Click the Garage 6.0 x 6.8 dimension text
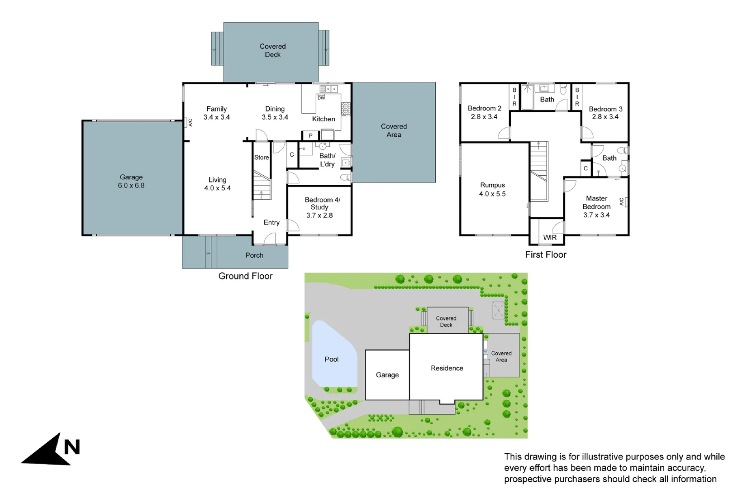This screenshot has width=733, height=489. pyautogui.click(x=131, y=186)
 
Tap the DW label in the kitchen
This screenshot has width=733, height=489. pyautogui.click(x=321, y=98)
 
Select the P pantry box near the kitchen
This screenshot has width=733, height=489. pyautogui.click(x=310, y=135)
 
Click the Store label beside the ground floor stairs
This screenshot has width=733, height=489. pyautogui.click(x=262, y=158)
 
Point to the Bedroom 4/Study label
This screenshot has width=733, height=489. pyautogui.click(x=322, y=203)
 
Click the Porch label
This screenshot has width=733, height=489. pyautogui.click(x=254, y=255)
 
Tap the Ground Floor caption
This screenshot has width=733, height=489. pyautogui.click(x=245, y=276)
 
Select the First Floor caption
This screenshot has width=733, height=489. pyautogui.click(x=546, y=255)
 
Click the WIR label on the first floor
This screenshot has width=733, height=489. pyautogui.click(x=550, y=238)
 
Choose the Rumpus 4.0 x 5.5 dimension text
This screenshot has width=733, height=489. pyautogui.click(x=492, y=194)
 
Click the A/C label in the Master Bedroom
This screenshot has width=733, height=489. pyautogui.click(x=622, y=202)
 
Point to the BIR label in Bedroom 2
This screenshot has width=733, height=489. pyautogui.click(x=514, y=97)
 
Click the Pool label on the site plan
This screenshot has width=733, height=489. pyautogui.click(x=331, y=360)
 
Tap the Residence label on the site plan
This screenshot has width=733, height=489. pyautogui.click(x=447, y=369)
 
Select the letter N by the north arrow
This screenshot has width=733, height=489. pyautogui.click(x=72, y=447)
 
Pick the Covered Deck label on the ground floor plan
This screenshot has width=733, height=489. pyautogui.click(x=272, y=50)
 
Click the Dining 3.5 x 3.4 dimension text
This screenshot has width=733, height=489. pyautogui.click(x=275, y=117)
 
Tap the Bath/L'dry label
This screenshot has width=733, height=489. pyautogui.click(x=327, y=160)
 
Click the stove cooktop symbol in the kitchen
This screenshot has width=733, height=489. pyautogui.click(x=346, y=109)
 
